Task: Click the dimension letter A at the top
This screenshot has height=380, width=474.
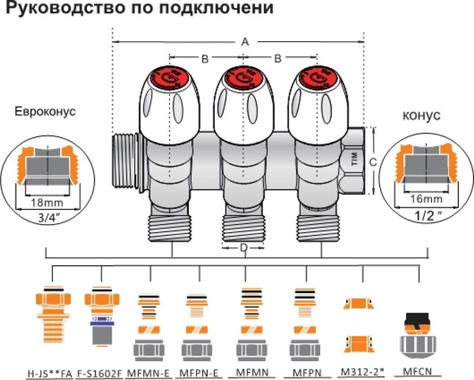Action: point(244,40)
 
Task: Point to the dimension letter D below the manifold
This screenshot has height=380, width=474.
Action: point(243,249)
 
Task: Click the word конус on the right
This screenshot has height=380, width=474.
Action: point(421,116)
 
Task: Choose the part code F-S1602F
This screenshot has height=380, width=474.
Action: point(101,369)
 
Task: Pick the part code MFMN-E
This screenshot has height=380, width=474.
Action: point(149,369)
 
